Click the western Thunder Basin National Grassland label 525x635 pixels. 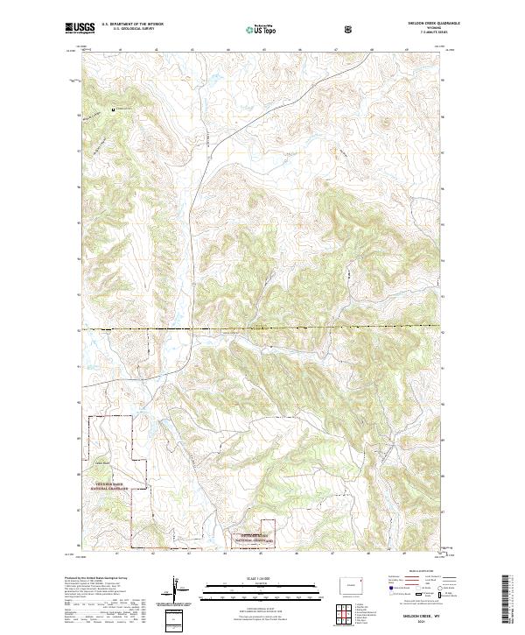(x=112, y=483)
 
